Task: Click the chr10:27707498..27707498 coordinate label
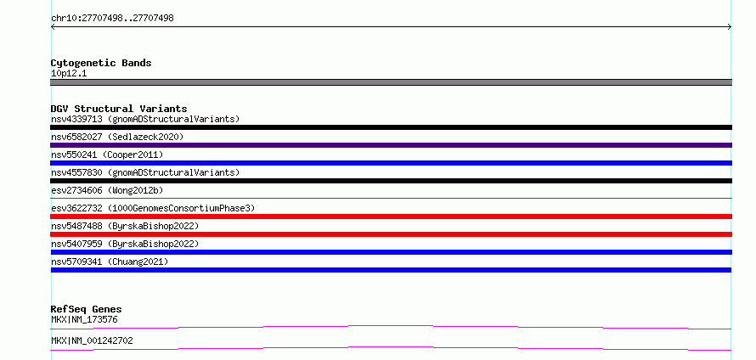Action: click(112, 19)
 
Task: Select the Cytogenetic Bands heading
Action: click(101, 63)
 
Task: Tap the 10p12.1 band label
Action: click(69, 74)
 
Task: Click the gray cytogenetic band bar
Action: click(391, 82)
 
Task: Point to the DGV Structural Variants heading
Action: click(119, 109)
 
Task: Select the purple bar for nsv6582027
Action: click(391, 145)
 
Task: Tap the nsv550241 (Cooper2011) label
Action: click(107, 155)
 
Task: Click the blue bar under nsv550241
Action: click(391, 163)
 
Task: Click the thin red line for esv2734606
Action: click(391, 198)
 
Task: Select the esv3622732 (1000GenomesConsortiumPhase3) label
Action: click(153, 208)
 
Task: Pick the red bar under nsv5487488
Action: click(391, 234)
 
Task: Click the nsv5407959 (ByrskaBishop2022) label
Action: click(125, 244)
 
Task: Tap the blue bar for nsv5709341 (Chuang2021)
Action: click(391, 270)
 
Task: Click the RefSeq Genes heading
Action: click(87, 309)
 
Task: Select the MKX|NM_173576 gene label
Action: click(84, 319)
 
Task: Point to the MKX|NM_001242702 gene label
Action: click(92, 340)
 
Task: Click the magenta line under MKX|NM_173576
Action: click(391, 328)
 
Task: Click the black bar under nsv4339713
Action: click(391, 127)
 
